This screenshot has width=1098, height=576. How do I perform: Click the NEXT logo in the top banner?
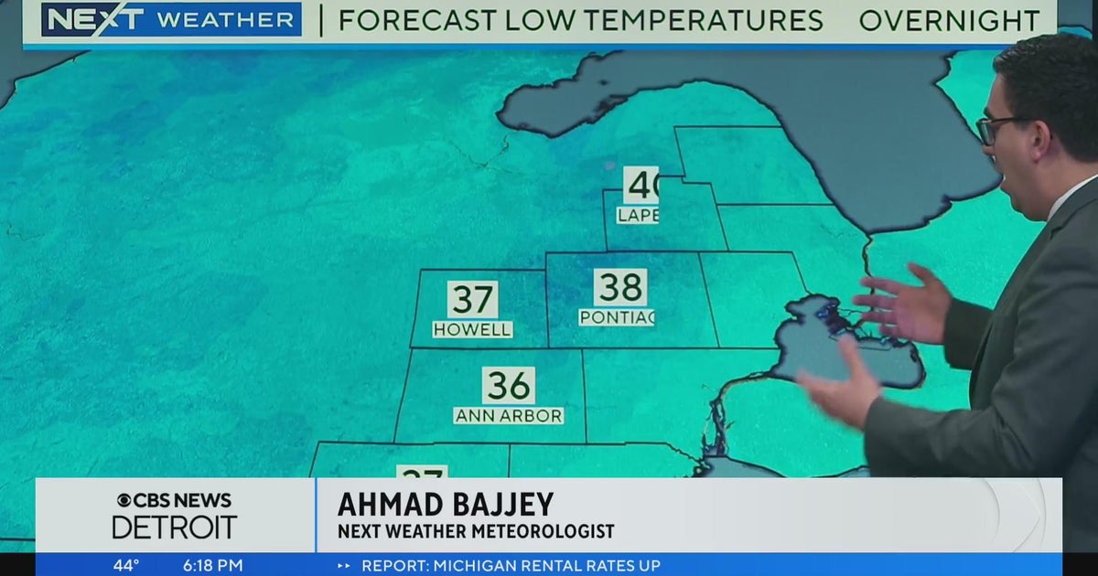tap(92, 19)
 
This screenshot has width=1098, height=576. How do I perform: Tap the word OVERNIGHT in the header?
tap(949, 20)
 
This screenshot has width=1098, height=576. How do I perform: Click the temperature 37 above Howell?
tap(472, 300)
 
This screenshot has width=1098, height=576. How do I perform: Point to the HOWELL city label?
tap(472, 329)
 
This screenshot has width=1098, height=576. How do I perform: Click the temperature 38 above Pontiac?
tap(619, 288)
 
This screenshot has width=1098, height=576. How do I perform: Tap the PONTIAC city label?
tap(617, 317)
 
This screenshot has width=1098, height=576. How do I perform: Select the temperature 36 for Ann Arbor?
tap(509, 386)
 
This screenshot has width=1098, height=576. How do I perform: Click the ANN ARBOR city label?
tap(509, 415)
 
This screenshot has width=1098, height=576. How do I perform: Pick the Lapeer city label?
tap(638, 215)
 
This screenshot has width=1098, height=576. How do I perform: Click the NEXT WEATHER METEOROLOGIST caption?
tap(476, 531)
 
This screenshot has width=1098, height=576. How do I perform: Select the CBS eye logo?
tap(124, 500)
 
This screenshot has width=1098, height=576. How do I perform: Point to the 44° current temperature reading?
tap(126, 565)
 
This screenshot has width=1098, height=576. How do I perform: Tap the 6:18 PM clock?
tap(213, 565)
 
